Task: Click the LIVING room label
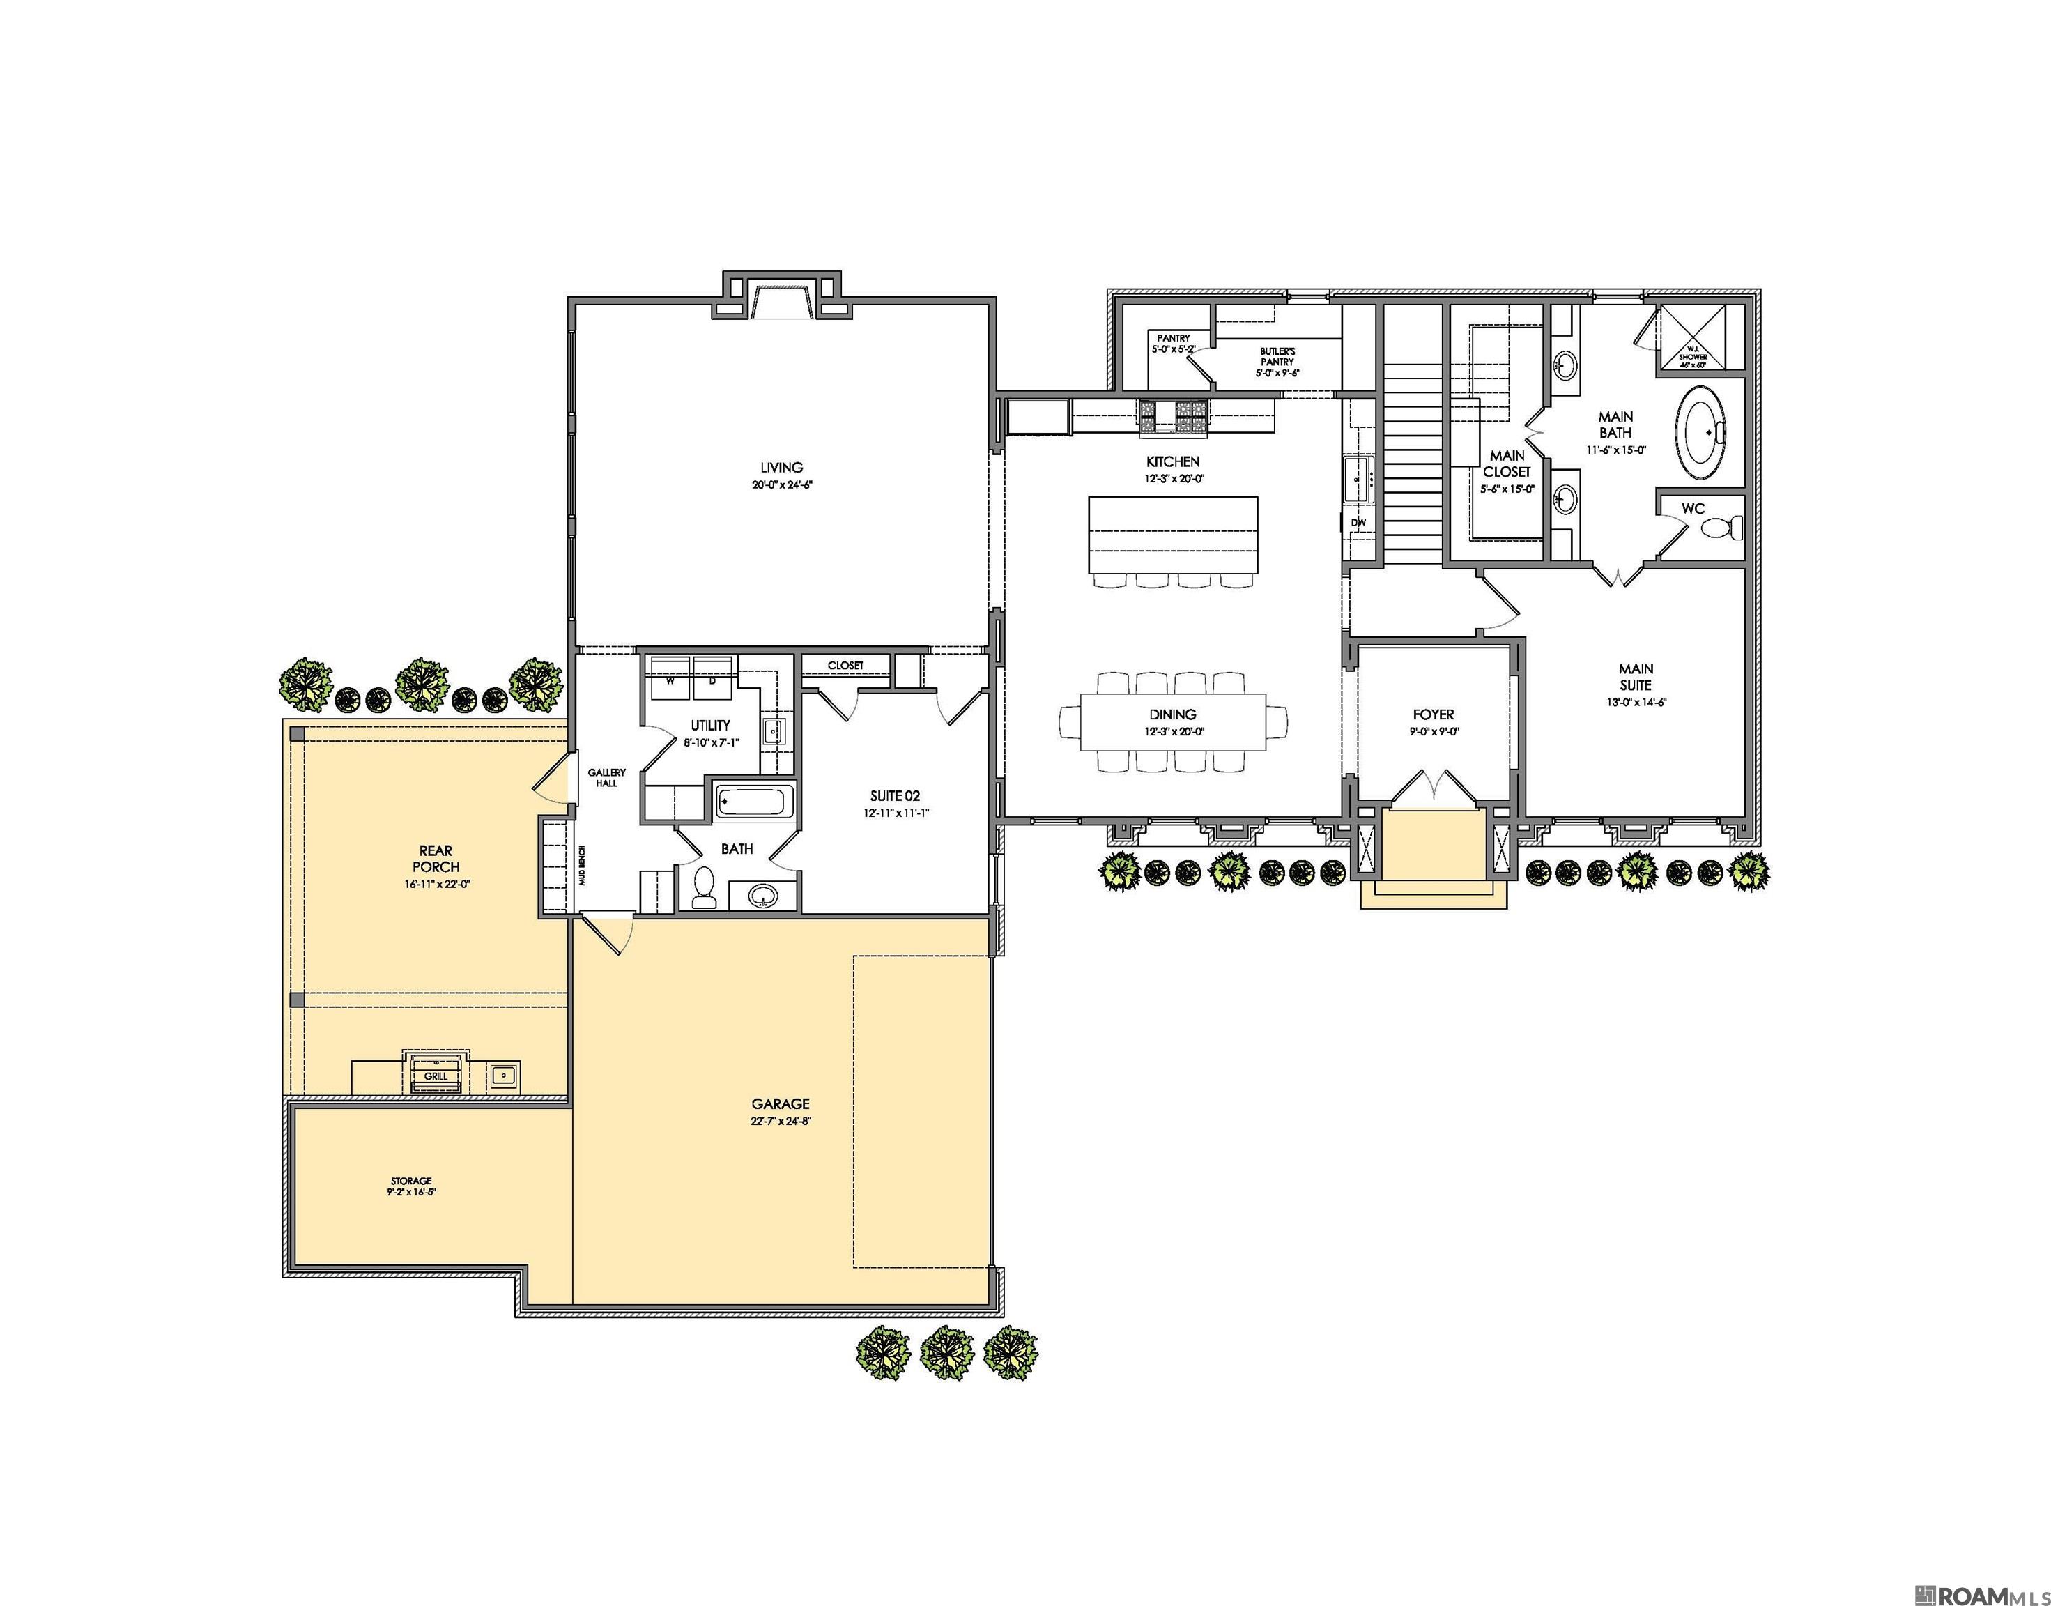pyautogui.click(x=781, y=467)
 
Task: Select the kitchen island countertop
pyautogui.click(x=1172, y=534)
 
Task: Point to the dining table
pyautogui.click(x=1172, y=722)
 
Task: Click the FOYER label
pyautogui.click(x=1433, y=714)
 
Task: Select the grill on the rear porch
pyautogui.click(x=435, y=1072)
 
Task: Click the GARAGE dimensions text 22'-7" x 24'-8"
pyautogui.click(x=780, y=1121)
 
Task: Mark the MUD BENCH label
pyautogui.click(x=583, y=865)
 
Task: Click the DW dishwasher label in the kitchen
pyautogui.click(x=1358, y=522)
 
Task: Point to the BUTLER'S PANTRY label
pyautogui.click(x=1277, y=361)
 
